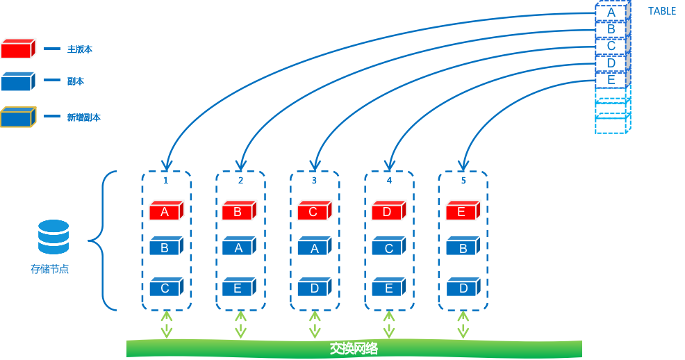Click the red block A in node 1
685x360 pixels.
pyautogui.click(x=165, y=211)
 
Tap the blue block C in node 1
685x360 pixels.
pyautogui.click(x=165, y=288)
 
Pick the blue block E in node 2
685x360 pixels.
pyautogui.click(x=238, y=288)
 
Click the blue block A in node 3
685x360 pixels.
pyautogui.click(x=314, y=248)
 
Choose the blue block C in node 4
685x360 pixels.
pyautogui.click(x=388, y=248)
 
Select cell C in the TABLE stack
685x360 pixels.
pyautogui.click(x=611, y=47)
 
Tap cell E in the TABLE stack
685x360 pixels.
pyautogui.click(x=611, y=80)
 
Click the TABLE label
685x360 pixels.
pyautogui.click(x=661, y=11)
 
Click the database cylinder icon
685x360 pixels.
pyautogui.click(x=53, y=237)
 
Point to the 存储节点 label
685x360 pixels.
pyautogui.click(x=49, y=269)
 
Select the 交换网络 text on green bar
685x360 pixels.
pyautogui.click(x=354, y=348)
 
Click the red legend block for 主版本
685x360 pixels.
pyautogui.click(x=17, y=49)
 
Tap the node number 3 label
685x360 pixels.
pyautogui.click(x=314, y=181)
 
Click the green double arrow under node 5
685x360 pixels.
pyautogui.click(x=463, y=325)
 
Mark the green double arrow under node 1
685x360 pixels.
pyautogui.click(x=167, y=325)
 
